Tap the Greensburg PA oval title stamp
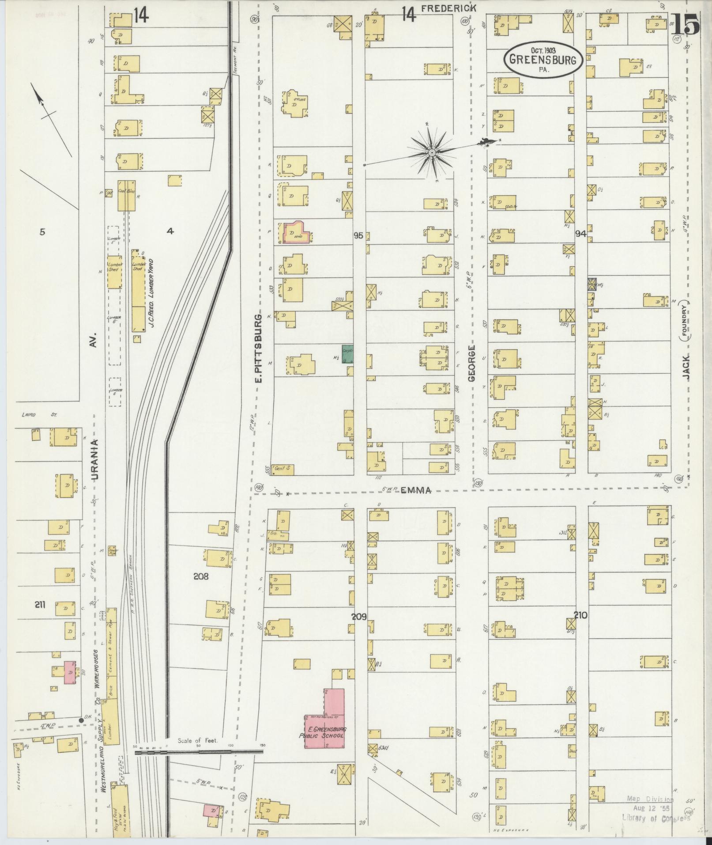tap(542, 61)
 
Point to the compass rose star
tap(432, 153)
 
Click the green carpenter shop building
tap(348, 354)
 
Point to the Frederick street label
tap(448, 8)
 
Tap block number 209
tap(359, 616)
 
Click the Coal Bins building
tap(126, 195)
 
